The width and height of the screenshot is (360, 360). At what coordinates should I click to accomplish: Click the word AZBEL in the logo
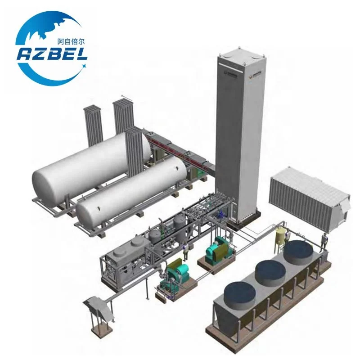pyautogui.click(x=53, y=54)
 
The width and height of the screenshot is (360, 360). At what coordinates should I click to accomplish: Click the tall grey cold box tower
pyautogui.click(x=238, y=135)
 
